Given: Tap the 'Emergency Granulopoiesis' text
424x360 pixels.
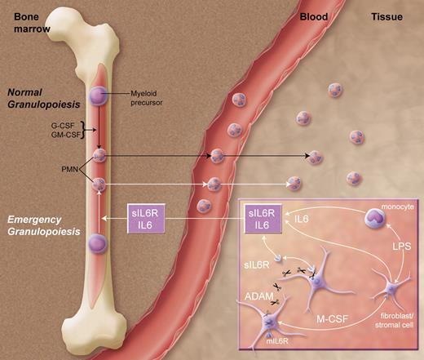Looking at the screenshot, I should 39,225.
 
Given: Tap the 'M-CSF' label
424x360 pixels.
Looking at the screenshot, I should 329,321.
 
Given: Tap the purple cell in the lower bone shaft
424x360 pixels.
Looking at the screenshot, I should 99,243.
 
